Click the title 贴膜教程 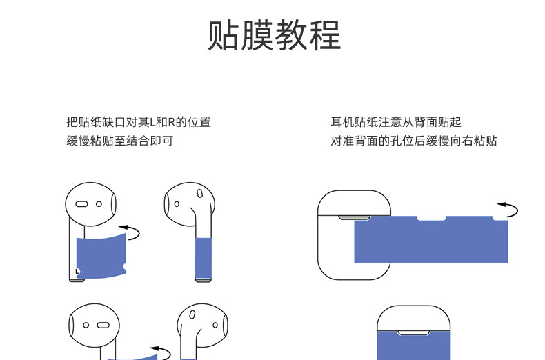coord(274,35)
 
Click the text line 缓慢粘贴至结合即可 coord(119,141)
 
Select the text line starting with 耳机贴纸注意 coord(396,123)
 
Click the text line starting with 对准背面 coord(414,141)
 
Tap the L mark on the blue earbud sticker coord(77,270)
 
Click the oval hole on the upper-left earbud coord(81,204)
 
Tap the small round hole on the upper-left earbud coord(99,204)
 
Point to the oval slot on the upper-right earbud coord(199,194)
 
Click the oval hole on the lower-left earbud coord(103,324)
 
